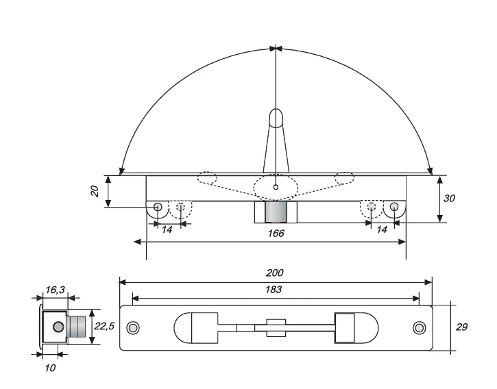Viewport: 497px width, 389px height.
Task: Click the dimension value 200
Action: [x=274, y=273]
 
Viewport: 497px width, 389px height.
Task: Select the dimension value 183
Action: [x=274, y=289]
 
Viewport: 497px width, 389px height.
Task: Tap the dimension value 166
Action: [x=276, y=234]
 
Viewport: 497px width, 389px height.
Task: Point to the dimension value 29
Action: [x=461, y=327]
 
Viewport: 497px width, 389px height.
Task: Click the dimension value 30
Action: [x=449, y=199]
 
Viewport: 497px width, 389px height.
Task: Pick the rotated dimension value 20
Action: [x=95, y=191]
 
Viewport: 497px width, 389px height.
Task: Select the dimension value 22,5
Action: [x=104, y=326]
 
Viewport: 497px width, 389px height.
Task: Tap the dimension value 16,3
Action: [x=55, y=290]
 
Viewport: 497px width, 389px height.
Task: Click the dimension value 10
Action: [x=50, y=368]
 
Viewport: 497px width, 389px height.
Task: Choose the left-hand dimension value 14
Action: [x=167, y=229]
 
